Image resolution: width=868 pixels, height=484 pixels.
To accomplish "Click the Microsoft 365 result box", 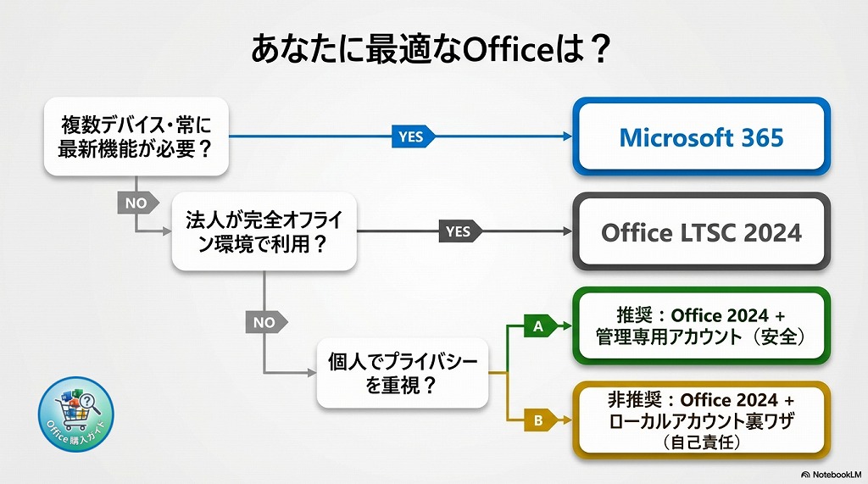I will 701,137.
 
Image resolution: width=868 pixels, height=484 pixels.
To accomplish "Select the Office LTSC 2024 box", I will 701,232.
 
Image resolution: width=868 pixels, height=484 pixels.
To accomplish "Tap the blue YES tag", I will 412,136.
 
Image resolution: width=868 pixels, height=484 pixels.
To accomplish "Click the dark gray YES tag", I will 459,231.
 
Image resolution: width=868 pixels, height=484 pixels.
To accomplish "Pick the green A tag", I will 539,325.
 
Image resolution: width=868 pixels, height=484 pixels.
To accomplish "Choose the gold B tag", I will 539,419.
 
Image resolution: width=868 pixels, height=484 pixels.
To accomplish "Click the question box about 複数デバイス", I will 136,136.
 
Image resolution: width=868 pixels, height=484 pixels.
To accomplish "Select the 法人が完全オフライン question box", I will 264,231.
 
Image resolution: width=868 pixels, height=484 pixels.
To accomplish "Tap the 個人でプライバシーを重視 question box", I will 403,373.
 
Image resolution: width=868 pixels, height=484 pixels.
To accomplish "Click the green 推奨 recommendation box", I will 700,326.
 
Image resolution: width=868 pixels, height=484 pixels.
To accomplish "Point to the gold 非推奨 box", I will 700,420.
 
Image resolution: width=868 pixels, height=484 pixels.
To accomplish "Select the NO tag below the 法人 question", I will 265,322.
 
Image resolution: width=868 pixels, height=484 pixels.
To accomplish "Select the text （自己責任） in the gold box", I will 700,442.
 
